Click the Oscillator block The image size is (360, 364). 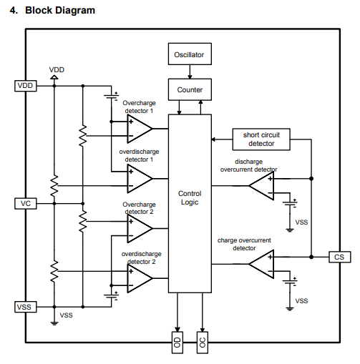click(190, 54)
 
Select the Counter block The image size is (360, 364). click(190, 89)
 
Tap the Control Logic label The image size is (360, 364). click(190, 197)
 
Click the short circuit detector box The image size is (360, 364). click(261, 139)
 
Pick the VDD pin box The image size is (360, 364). click(26, 86)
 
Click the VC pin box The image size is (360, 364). click(26, 204)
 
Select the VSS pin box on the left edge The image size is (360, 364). click(26, 307)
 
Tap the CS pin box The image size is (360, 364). click(340, 257)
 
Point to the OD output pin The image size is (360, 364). click(177, 343)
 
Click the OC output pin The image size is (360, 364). click(203, 343)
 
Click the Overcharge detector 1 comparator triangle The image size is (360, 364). click(140, 129)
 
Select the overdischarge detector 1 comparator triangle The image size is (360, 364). click(140, 179)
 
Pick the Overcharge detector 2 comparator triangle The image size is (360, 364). click(140, 228)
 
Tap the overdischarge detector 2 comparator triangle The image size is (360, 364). click(140, 278)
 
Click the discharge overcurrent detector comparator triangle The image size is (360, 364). click(261, 186)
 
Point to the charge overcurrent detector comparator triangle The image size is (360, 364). click(261, 264)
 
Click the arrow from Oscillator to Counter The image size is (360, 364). click(190, 72)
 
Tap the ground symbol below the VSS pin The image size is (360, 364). click(54, 323)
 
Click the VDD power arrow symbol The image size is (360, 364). click(54, 77)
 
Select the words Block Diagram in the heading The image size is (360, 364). click(60, 10)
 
